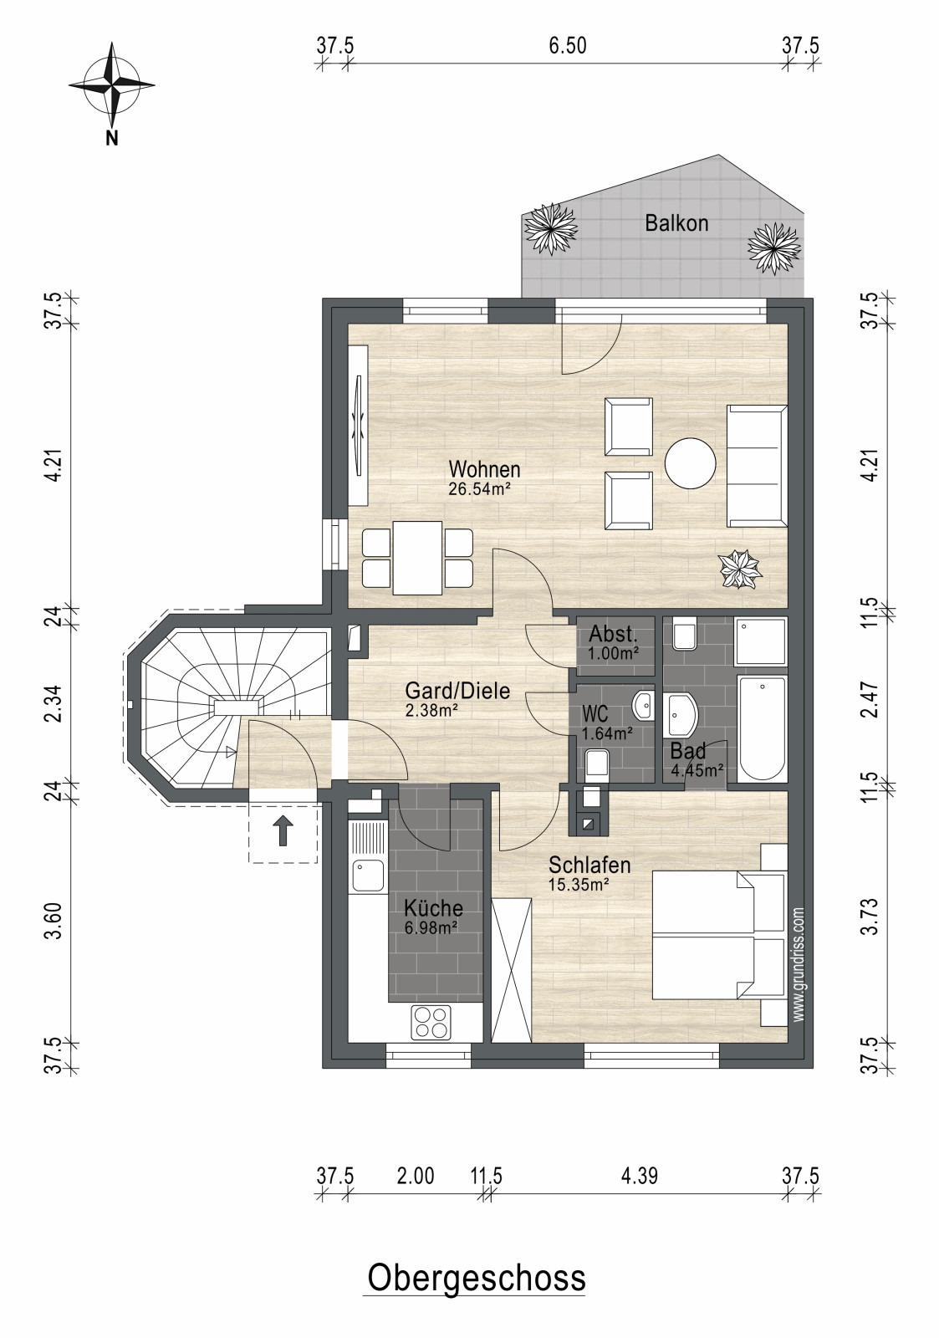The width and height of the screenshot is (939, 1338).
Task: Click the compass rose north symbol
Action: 112,84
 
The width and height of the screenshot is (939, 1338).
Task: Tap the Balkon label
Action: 676,223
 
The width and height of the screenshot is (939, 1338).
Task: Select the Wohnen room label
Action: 484,469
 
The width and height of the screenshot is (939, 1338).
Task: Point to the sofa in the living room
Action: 757,466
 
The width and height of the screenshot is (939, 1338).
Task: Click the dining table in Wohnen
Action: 417,558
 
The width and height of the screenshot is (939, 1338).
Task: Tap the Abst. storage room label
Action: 614,633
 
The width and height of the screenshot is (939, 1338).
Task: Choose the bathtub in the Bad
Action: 762,728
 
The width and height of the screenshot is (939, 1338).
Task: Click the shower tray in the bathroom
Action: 762,641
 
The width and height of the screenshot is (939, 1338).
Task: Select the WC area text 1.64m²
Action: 608,733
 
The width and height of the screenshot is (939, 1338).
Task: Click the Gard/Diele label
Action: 457,691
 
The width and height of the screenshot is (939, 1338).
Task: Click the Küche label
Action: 433,908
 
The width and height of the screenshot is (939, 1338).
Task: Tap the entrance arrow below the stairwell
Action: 283,831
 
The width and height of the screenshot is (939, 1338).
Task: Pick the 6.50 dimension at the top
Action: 568,46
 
